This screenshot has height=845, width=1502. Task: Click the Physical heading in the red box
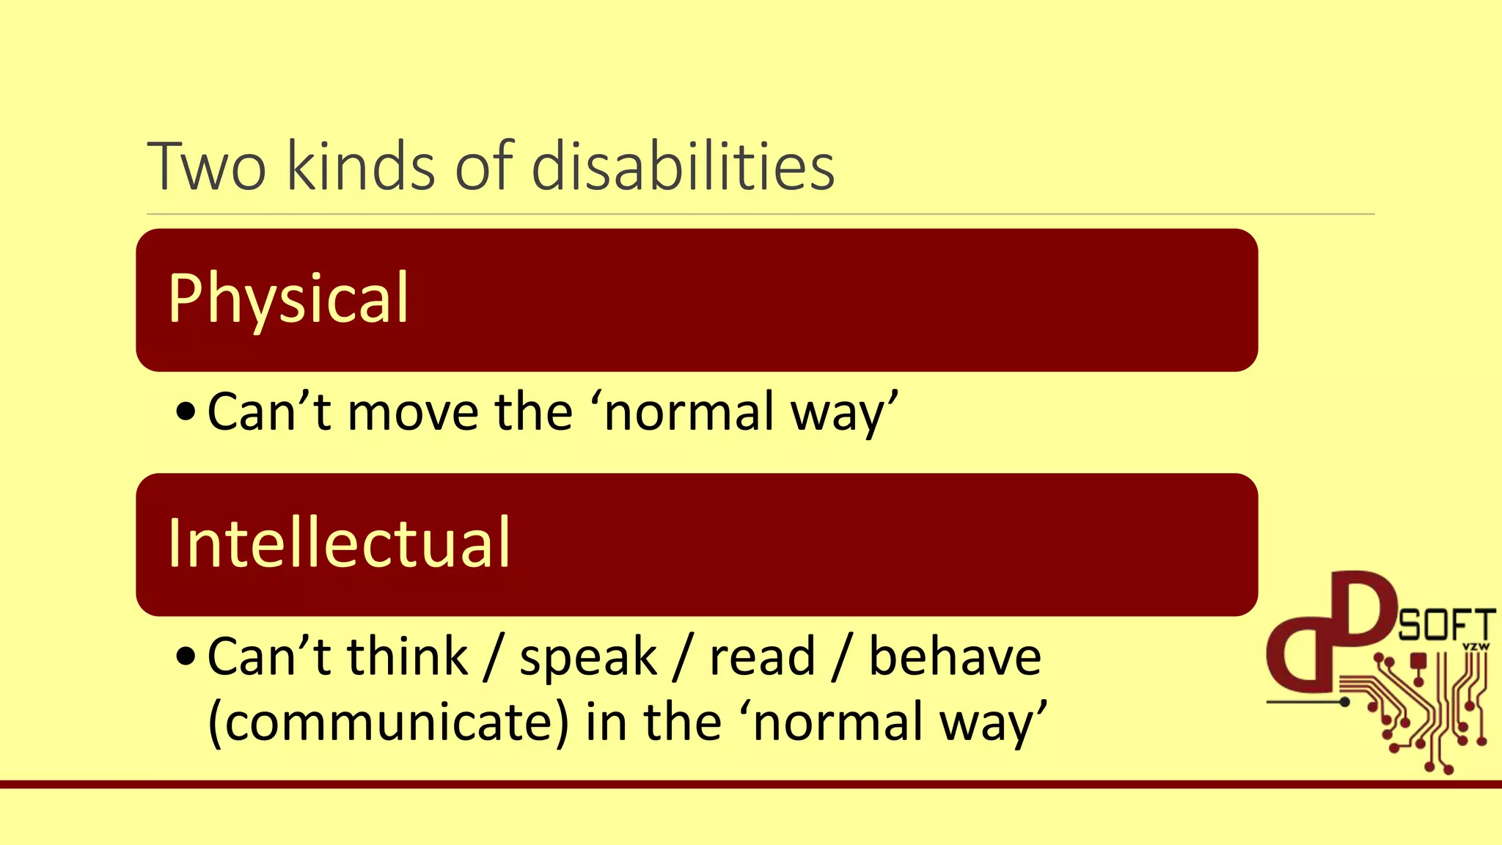(x=288, y=299)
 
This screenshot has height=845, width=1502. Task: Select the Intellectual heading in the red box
(x=339, y=544)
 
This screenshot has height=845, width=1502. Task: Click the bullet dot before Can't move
(x=186, y=414)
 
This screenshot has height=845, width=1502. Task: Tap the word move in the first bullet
(x=413, y=412)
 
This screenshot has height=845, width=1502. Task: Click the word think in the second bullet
(x=407, y=656)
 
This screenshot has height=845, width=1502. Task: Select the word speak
(x=588, y=657)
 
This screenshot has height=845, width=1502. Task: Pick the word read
(x=762, y=656)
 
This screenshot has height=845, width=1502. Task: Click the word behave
(x=954, y=656)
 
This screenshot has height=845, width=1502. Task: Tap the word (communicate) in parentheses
(x=388, y=723)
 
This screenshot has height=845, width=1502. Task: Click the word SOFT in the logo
(x=1446, y=626)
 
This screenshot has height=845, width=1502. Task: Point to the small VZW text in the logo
(x=1476, y=647)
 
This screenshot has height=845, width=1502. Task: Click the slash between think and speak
(x=494, y=657)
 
